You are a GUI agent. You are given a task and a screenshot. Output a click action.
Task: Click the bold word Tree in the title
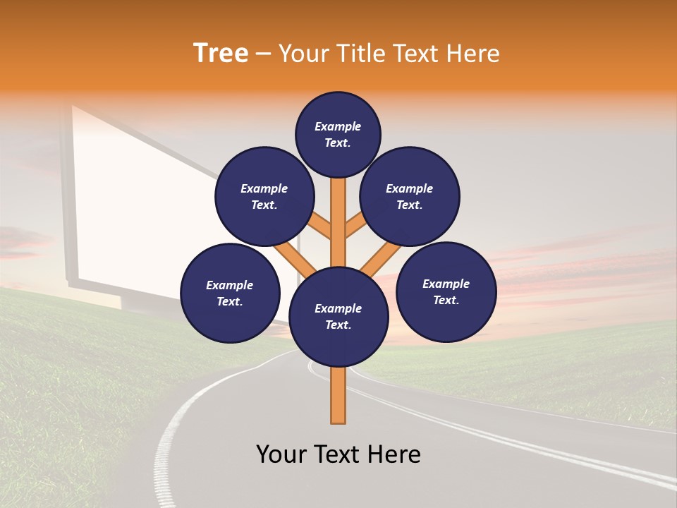(x=221, y=54)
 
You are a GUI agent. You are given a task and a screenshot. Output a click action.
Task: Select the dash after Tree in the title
(x=263, y=54)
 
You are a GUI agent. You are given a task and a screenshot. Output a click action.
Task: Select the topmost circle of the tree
(x=338, y=134)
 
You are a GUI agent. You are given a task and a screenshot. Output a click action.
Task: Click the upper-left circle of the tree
(x=264, y=196)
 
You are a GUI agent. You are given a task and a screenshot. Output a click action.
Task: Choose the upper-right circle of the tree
(x=410, y=196)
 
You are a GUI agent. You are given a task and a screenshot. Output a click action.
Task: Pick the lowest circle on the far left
(x=230, y=293)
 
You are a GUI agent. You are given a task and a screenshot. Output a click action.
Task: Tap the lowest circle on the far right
(x=446, y=291)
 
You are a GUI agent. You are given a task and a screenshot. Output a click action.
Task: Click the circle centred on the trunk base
(x=338, y=317)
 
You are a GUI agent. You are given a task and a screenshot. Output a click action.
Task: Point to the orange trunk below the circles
(x=338, y=395)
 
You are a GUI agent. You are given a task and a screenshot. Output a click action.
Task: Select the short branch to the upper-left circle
(x=321, y=228)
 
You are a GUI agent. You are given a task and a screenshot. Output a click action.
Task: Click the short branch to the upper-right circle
(x=355, y=226)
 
